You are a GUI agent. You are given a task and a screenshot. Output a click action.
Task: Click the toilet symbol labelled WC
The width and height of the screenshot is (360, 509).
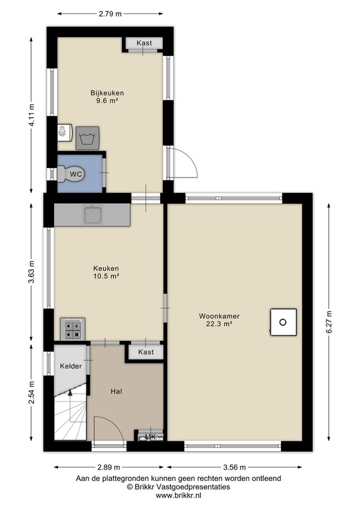71,174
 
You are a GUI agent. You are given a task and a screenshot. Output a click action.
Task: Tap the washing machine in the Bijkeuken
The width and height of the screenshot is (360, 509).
88,138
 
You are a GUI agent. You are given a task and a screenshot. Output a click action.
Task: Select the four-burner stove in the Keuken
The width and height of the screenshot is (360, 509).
73,329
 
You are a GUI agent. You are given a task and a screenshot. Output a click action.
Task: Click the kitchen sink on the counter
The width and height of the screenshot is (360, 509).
93,214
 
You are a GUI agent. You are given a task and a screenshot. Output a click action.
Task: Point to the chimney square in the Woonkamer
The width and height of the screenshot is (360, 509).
284,322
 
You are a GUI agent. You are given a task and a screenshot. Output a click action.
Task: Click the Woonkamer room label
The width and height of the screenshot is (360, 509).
219,316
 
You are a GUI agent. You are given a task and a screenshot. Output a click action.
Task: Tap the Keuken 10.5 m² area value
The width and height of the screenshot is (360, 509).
106,276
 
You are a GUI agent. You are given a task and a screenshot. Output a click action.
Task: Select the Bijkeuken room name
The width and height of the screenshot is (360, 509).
107,93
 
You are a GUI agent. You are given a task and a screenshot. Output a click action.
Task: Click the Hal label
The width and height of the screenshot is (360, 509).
116,391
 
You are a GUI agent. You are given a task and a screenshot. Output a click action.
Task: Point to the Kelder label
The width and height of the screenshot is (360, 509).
71,366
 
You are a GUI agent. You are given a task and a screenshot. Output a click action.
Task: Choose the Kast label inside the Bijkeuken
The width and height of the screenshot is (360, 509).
144,43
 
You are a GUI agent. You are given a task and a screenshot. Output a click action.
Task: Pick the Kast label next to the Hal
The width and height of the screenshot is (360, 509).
146,352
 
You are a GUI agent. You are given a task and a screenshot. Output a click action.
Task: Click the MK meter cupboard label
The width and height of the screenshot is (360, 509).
150,437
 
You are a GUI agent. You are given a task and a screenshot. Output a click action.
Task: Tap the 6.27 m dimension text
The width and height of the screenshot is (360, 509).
329,322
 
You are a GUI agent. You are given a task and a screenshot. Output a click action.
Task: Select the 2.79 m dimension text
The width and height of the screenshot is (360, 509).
110,13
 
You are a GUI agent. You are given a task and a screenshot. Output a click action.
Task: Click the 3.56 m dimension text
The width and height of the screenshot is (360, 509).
234,467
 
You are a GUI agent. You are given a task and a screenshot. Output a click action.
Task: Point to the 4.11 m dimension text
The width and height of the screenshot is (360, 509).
32,115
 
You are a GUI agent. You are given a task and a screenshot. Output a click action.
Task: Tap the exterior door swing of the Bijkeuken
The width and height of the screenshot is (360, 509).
186,161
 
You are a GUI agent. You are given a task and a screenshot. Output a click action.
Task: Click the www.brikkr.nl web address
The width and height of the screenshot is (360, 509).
179,496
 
